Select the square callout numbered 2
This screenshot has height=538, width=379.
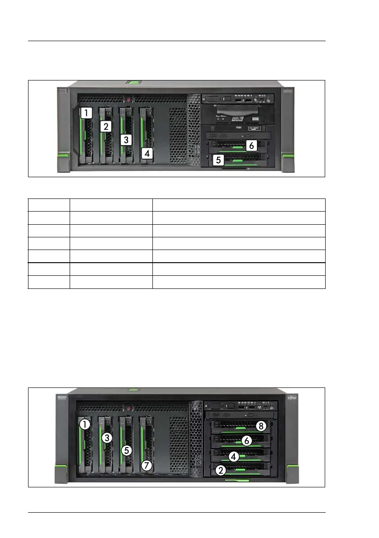pos(106,127)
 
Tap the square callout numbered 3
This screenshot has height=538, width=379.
pos(126,140)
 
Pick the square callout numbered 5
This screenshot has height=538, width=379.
pos(218,160)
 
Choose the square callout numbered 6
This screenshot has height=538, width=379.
pos(252,146)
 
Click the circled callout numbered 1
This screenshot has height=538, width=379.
pos(84,425)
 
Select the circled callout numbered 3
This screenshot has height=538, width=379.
pos(106,438)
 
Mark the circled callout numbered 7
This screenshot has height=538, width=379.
pos(146,464)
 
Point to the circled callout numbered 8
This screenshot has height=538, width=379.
pos(260,425)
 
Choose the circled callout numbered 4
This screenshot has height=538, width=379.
pos(233,456)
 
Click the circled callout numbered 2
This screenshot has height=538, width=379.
pos(220,471)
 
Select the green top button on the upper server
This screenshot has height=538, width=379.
pos(133,83)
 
